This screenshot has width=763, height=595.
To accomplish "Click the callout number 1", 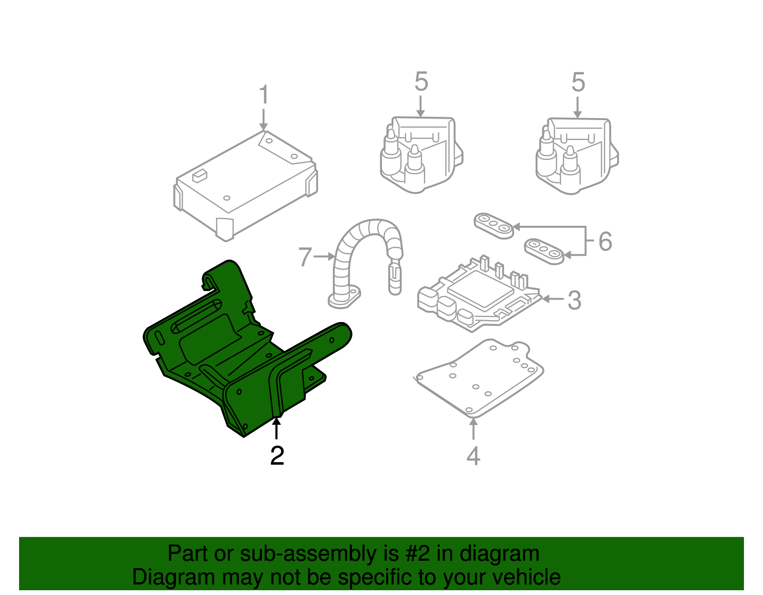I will [264, 95].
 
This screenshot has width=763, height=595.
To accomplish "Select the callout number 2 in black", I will [277, 455].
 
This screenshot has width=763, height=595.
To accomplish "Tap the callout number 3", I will [575, 300].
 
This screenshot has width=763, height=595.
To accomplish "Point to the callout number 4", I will [473, 456].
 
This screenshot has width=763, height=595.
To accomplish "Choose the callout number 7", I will [305, 257].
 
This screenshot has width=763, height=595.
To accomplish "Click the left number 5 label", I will [421, 82].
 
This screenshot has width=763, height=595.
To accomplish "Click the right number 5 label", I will [578, 83].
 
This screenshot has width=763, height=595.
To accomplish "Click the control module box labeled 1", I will [243, 186].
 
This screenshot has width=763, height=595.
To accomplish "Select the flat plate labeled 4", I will [477, 376].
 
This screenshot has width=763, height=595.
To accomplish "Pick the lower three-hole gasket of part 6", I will [544, 251].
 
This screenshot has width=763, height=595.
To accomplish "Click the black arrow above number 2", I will [276, 427].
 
